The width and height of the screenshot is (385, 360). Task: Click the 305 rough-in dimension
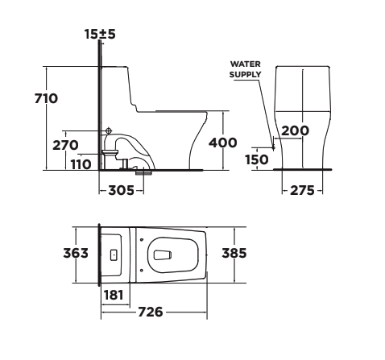click(x=121, y=192)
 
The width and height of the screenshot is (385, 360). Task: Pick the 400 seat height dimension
click(x=222, y=143)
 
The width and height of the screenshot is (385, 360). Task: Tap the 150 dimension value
click(x=256, y=159)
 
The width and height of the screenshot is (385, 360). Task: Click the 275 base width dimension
click(x=302, y=192)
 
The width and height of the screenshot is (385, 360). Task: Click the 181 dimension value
click(x=114, y=295)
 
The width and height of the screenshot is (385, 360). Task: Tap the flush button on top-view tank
click(x=113, y=254)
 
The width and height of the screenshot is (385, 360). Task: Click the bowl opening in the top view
click(x=164, y=254)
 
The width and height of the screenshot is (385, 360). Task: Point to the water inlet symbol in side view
click(x=108, y=131)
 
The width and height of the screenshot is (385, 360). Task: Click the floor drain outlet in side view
click(x=143, y=171)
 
